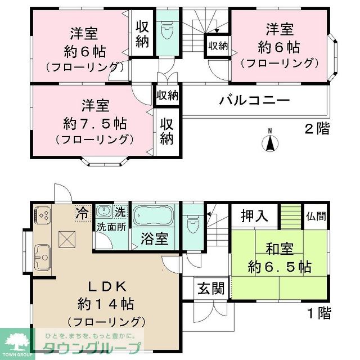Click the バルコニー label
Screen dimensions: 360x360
[x=254, y=101]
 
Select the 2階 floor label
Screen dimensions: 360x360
[x=317, y=128]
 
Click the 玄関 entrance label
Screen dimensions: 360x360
[x=211, y=289]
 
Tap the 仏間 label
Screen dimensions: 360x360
[x=316, y=215]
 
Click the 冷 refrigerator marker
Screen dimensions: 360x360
[x=82, y=213]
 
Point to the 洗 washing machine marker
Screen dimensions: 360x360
[x=119, y=213]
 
